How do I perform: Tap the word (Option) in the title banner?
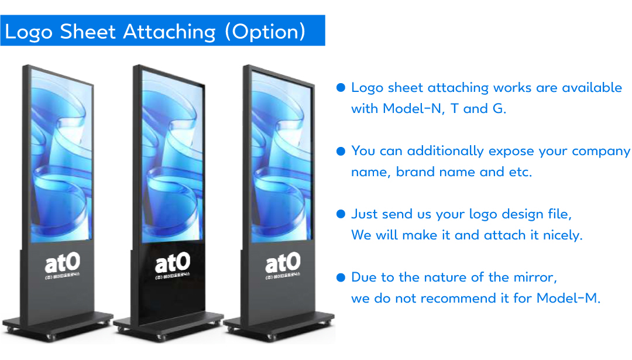pos(265,32)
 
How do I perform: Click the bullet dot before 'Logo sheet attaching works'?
pos(341,88)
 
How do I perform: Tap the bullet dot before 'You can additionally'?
pos(341,151)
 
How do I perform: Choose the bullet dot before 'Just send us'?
pos(341,214)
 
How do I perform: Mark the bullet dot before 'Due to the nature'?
pos(341,277)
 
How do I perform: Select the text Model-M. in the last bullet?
pos(568,298)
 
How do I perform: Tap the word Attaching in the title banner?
pos(170,32)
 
